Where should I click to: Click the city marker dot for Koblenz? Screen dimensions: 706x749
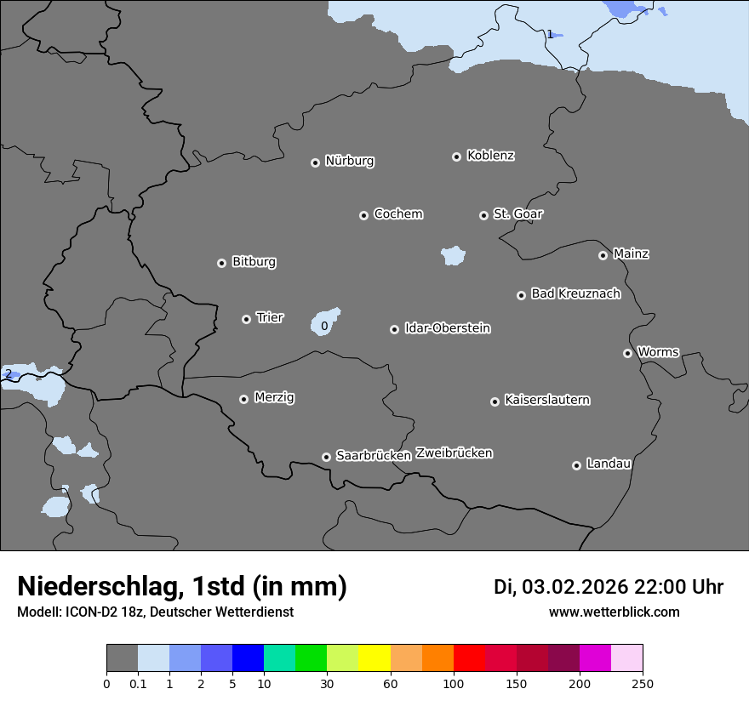point(456,157)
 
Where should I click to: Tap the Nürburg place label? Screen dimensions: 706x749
point(349,161)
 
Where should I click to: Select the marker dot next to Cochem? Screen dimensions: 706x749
point(363,215)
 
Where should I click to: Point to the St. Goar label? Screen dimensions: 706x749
point(517,214)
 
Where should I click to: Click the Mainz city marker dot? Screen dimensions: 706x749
point(603,255)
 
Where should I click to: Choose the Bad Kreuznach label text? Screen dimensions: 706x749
point(575,293)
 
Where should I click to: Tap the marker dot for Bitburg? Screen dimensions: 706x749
point(221,263)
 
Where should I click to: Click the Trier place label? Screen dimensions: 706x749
point(270,317)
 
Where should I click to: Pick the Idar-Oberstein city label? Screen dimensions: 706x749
point(447,327)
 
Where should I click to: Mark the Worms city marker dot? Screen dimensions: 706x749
point(627,353)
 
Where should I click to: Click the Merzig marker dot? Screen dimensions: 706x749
point(243,399)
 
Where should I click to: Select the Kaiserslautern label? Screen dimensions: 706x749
point(546,400)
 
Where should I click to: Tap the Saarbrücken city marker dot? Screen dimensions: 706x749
point(326,457)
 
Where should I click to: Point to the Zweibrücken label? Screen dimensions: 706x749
point(454,453)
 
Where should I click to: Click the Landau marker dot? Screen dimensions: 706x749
point(576,465)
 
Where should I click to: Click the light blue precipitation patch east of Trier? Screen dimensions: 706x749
point(326,321)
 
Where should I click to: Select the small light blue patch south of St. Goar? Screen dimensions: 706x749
point(453,255)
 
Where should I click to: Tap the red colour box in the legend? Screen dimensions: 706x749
point(469,658)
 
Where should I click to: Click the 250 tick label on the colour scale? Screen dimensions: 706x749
point(643,682)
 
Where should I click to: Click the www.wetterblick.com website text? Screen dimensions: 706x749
point(614,612)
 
